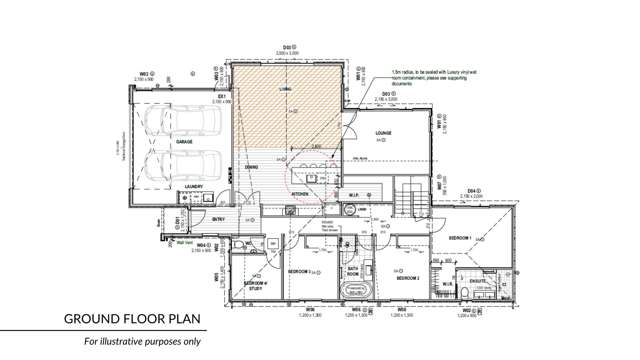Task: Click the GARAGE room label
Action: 185,142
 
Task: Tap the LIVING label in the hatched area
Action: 285,89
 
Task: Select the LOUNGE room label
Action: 383,133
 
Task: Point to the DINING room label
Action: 253,167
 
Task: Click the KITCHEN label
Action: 300,194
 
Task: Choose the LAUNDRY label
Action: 194,187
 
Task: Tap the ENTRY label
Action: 219,219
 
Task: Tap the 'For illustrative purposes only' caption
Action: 141,343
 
